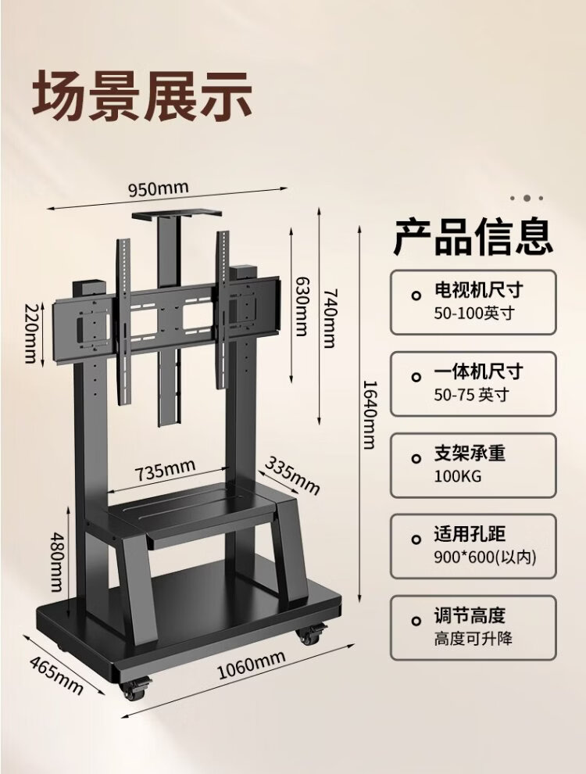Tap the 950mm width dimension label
[x=159, y=189]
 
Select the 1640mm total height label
[x=369, y=414]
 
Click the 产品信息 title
[x=473, y=237]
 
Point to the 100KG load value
[x=456, y=476]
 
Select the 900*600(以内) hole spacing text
[x=484, y=557]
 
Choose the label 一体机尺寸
[x=478, y=371]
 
